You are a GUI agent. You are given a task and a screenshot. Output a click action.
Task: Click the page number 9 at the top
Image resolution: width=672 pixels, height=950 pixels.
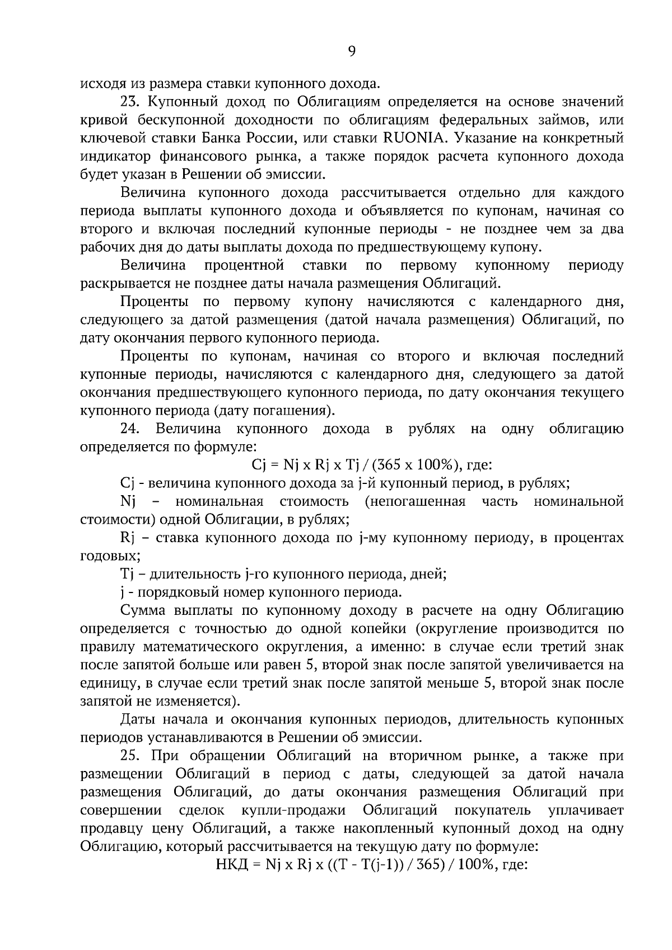tap(352, 51)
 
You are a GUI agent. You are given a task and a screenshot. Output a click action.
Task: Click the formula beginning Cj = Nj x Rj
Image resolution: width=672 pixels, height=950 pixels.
tap(370, 465)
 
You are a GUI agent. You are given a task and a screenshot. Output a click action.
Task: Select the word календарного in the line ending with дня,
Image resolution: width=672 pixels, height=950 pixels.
tap(535, 302)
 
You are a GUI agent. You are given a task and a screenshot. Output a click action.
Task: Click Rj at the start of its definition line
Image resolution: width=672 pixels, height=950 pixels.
tap(128, 538)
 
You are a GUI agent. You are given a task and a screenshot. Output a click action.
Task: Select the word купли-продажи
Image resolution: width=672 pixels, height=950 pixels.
tap(293, 810)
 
